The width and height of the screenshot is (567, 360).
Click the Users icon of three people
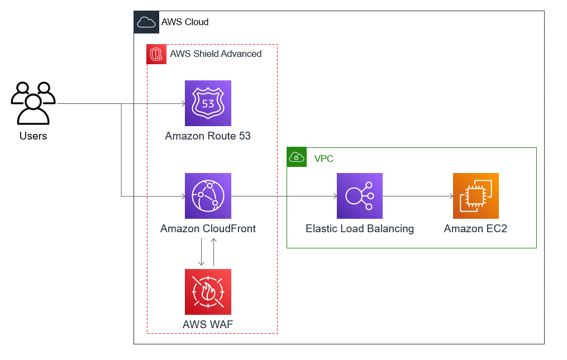33,103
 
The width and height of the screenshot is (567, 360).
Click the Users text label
33,136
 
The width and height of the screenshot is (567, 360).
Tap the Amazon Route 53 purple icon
208,103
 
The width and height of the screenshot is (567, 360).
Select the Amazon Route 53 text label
208,136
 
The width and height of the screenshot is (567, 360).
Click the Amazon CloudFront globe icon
208,196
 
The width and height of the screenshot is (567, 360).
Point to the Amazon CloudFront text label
208,229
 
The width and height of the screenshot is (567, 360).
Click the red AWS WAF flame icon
208,292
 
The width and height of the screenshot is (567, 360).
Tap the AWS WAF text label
208,324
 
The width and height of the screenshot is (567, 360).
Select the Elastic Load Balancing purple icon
360,196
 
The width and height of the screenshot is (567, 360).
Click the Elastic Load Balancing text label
360,229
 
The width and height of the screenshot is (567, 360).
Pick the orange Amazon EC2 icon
475,196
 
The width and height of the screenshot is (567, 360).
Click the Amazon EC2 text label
475,229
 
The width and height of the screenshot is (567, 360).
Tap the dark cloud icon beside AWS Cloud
145,22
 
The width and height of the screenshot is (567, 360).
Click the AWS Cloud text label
185,22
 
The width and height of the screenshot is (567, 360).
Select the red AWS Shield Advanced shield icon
156,55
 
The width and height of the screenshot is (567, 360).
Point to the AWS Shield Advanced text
216,54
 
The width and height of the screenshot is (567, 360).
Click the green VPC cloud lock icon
297,157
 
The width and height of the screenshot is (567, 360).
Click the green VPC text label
324,159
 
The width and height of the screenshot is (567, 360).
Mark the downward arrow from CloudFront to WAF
202,252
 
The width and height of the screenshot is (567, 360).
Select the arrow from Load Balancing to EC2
418,196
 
